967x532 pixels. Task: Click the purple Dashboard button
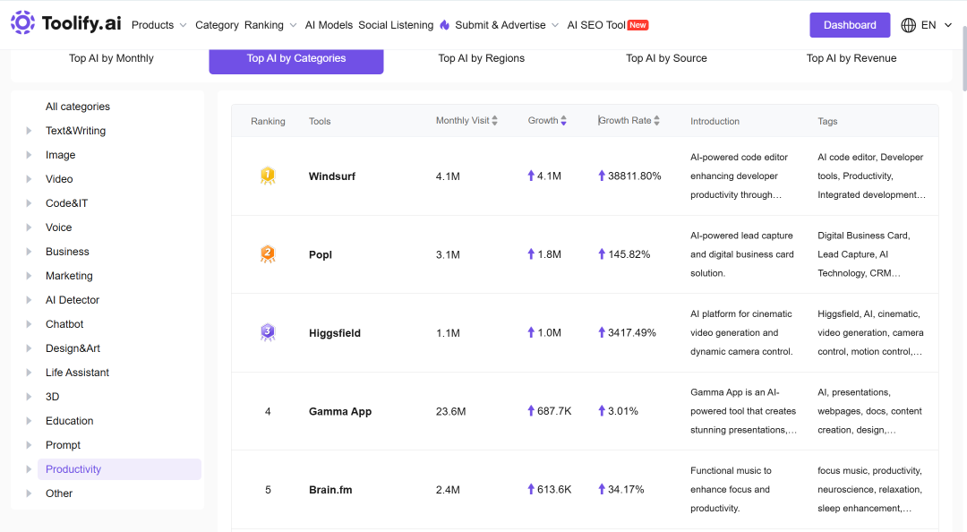(x=849, y=25)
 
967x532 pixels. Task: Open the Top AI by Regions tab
(x=481, y=58)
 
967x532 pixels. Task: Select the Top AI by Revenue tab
(x=851, y=58)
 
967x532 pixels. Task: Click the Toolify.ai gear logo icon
(x=22, y=22)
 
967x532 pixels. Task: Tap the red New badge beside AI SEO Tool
(x=638, y=25)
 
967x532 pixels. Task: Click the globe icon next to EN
(x=909, y=25)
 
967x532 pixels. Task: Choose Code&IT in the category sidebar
(x=66, y=203)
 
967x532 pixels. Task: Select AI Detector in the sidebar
(x=73, y=300)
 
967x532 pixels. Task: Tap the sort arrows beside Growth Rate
(x=657, y=120)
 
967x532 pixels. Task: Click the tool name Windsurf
(x=332, y=176)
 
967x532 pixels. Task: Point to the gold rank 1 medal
(x=268, y=176)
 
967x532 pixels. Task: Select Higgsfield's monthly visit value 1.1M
(x=448, y=333)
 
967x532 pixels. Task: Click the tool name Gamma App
(x=340, y=412)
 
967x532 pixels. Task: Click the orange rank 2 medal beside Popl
(x=268, y=254)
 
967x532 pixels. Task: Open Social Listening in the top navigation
(x=396, y=25)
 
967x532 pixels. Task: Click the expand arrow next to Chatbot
(x=29, y=324)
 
